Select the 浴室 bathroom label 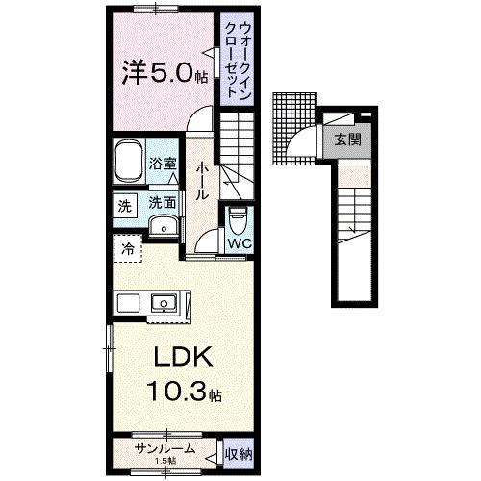click(163, 165)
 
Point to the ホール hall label click(203, 180)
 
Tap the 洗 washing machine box click(124, 205)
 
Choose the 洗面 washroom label click(162, 203)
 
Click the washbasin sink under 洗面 click(163, 227)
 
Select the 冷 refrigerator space click(128, 248)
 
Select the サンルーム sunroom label click(165, 449)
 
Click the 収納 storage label click(240, 452)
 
